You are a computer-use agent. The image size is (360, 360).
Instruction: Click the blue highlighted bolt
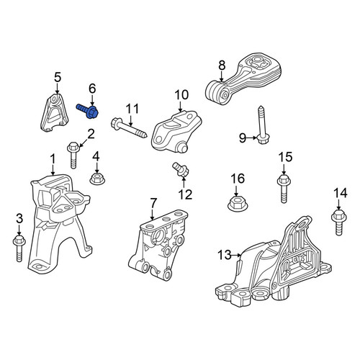[x=88, y=110]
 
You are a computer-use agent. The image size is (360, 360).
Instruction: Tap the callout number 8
[x=222, y=66]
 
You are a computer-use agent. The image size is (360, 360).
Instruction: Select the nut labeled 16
[x=237, y=204]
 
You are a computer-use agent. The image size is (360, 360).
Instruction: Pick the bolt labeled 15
[x=284, y=189]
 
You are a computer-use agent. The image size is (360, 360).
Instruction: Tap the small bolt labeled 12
[x=181, y=169]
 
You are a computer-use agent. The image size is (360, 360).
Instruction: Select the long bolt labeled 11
[x=129, y=128]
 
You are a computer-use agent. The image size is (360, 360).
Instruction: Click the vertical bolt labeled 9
[x=261, y=125]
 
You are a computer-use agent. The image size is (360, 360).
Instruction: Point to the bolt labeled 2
[x=73, y=155]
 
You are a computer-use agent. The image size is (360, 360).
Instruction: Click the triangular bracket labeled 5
[x=53, y=112]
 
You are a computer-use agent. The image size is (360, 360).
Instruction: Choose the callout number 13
[x=225, y=255]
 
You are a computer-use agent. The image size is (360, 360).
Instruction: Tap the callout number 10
[x=181, y=95]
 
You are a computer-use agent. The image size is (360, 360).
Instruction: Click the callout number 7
[x=153, y=203]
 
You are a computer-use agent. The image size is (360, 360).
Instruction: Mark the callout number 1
[x=53, y=160]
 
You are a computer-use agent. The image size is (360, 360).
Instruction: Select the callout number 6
[x=92, y=89]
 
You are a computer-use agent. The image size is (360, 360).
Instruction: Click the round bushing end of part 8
[x=217, y=92]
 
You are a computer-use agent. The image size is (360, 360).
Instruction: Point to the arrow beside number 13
[x=237, y=256]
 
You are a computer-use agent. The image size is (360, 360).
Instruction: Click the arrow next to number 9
[x=252, y=138]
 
